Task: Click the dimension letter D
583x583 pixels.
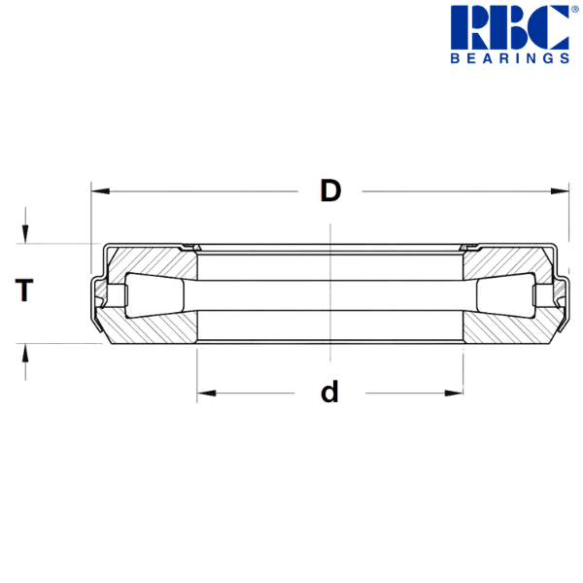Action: (331, 190)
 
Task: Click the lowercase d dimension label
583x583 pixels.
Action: (330, 393)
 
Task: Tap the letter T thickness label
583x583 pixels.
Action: (25, 290)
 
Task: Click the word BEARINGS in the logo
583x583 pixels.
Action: (509, 58)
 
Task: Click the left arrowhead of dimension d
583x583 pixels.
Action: (205, 394)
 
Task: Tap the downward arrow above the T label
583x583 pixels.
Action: (26, 233)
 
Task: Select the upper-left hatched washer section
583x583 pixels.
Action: (146, 262)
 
